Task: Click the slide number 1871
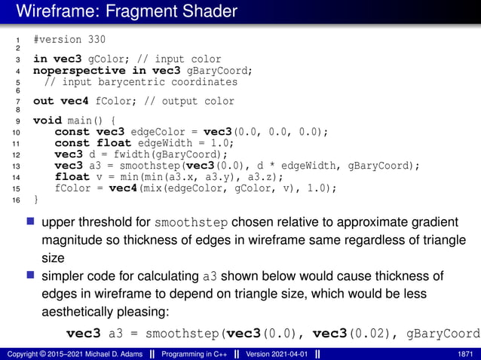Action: [465, 353]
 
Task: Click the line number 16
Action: [16, 200]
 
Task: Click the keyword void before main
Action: [47, 120]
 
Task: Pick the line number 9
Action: [16, 120]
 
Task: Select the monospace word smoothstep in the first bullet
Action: [191, 223]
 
